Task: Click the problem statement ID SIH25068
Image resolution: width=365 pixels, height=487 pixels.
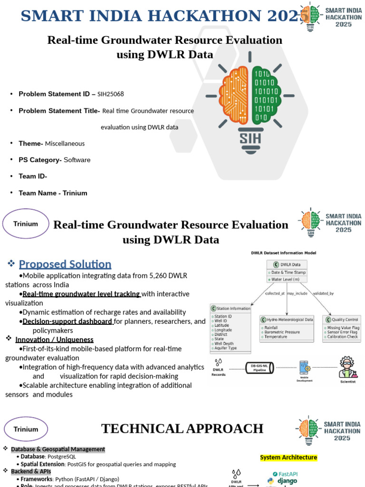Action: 111,94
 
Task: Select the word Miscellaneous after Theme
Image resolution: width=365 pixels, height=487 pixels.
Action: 65,144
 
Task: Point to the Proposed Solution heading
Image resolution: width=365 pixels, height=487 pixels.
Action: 65,264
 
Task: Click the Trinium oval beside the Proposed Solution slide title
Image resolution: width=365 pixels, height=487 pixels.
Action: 26,224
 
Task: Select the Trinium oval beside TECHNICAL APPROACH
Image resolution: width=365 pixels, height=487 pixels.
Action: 26,429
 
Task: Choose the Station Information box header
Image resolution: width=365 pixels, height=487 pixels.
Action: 231,308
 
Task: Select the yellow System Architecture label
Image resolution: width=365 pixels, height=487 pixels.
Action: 288,458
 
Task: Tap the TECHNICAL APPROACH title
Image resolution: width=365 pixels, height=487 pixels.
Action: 182,429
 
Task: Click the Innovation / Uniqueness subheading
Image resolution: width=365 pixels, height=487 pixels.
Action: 54,340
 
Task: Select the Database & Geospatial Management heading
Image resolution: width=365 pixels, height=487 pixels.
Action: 58,449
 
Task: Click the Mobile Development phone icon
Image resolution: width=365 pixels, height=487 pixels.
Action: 304,368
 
